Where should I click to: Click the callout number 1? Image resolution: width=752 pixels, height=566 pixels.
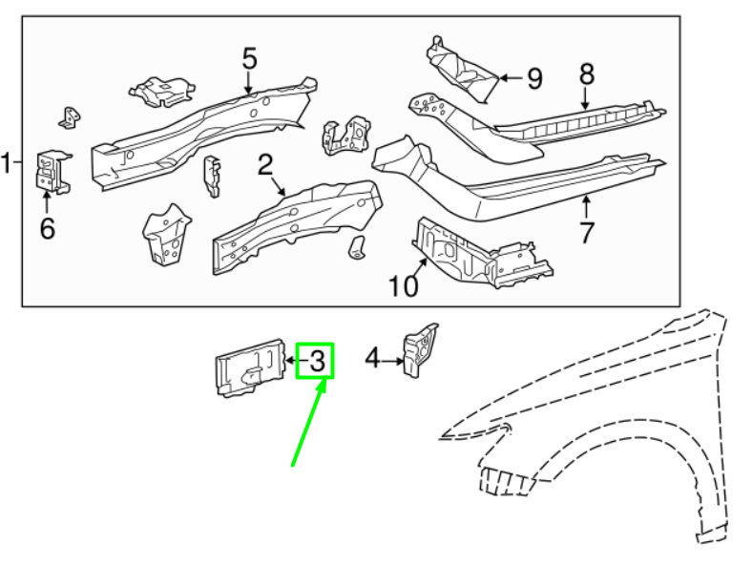tap(9, 163)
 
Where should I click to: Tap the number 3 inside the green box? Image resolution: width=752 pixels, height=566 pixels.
tap(317, 361)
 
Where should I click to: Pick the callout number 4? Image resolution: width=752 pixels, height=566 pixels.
tap(371, 359)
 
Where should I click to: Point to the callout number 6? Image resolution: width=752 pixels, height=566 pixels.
tap(47, 228)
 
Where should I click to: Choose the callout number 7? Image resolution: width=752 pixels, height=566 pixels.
tap(587, 231)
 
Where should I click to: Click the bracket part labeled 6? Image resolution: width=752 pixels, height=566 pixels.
tap(50, 172)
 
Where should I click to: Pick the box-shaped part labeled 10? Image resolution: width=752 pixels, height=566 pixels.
tap(477, 254)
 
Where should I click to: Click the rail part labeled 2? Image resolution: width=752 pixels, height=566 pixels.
tap(296, 224)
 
